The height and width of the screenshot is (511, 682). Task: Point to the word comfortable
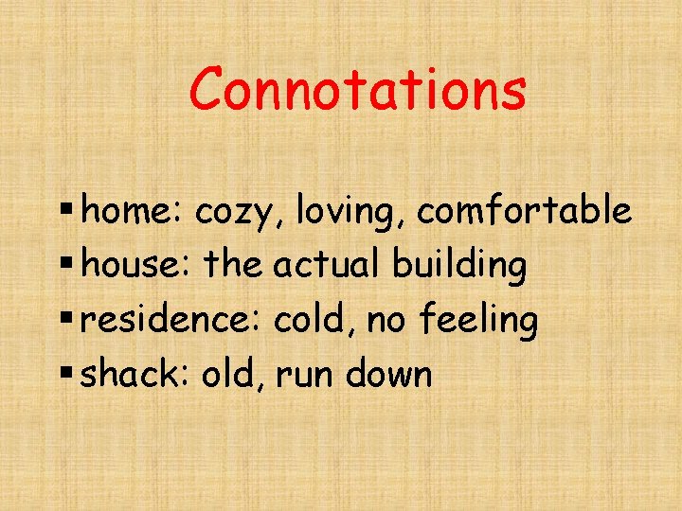(x=524, y=211)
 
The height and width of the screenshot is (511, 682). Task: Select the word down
(x=388, y=375)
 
